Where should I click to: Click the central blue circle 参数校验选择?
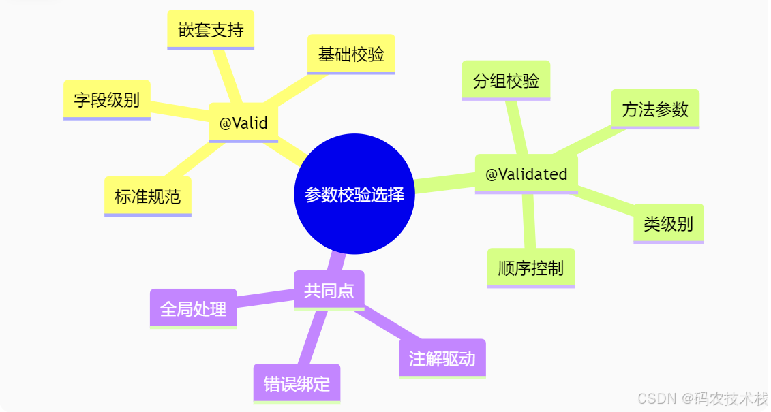[x=354, y=194]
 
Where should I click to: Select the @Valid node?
[x=243, y=123]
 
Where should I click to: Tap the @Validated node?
[x=526, y=174]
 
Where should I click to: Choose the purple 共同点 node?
[x=329, y=291]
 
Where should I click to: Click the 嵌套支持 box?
[x=211, y=30]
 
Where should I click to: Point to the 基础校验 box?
[x=351, y=54]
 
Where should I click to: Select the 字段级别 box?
[x=106, y=100]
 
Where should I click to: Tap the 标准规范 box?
[x=148, y=197]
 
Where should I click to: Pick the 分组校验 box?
[x=506, y=81]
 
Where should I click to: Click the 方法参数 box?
[x=655, y=109]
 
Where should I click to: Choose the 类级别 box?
[x=668, y=223]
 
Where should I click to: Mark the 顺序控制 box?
[x=531, y=268]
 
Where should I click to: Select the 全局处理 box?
[x=193, y=308]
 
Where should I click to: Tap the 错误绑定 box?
[x=297, y=383]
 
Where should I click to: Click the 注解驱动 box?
[x=442, y=358]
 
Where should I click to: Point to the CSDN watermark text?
[x=702, y=398]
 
